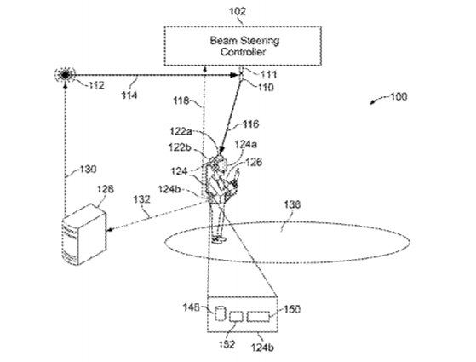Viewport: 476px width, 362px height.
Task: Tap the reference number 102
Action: click(238, 12)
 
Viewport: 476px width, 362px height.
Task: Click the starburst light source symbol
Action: click(65, 74)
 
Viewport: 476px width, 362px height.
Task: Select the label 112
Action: click(96, 85)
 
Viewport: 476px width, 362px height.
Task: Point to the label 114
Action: click(129, 95)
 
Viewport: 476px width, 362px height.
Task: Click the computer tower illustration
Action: click(83, 234)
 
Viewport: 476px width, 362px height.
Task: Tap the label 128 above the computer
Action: click(106, 189)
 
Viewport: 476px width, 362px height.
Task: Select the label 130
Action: click(88, 169)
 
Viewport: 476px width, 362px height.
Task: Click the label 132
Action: click(141, 199)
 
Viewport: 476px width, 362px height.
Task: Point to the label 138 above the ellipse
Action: click(292, 204)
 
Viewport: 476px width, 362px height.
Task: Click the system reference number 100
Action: click(399, 96)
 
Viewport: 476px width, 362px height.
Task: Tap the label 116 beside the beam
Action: click(250, 124)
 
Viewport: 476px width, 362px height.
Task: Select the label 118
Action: click(181, 101)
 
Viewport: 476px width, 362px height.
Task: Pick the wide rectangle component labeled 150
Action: click(258, 317)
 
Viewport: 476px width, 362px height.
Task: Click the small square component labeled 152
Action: click(236, 317)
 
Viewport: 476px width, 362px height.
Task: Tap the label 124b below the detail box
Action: click(263, 347)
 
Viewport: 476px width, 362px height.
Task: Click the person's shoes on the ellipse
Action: click(219, 239)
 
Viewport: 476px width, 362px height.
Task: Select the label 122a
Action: click(181, 131)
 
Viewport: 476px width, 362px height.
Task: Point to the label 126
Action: click(254, 162)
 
